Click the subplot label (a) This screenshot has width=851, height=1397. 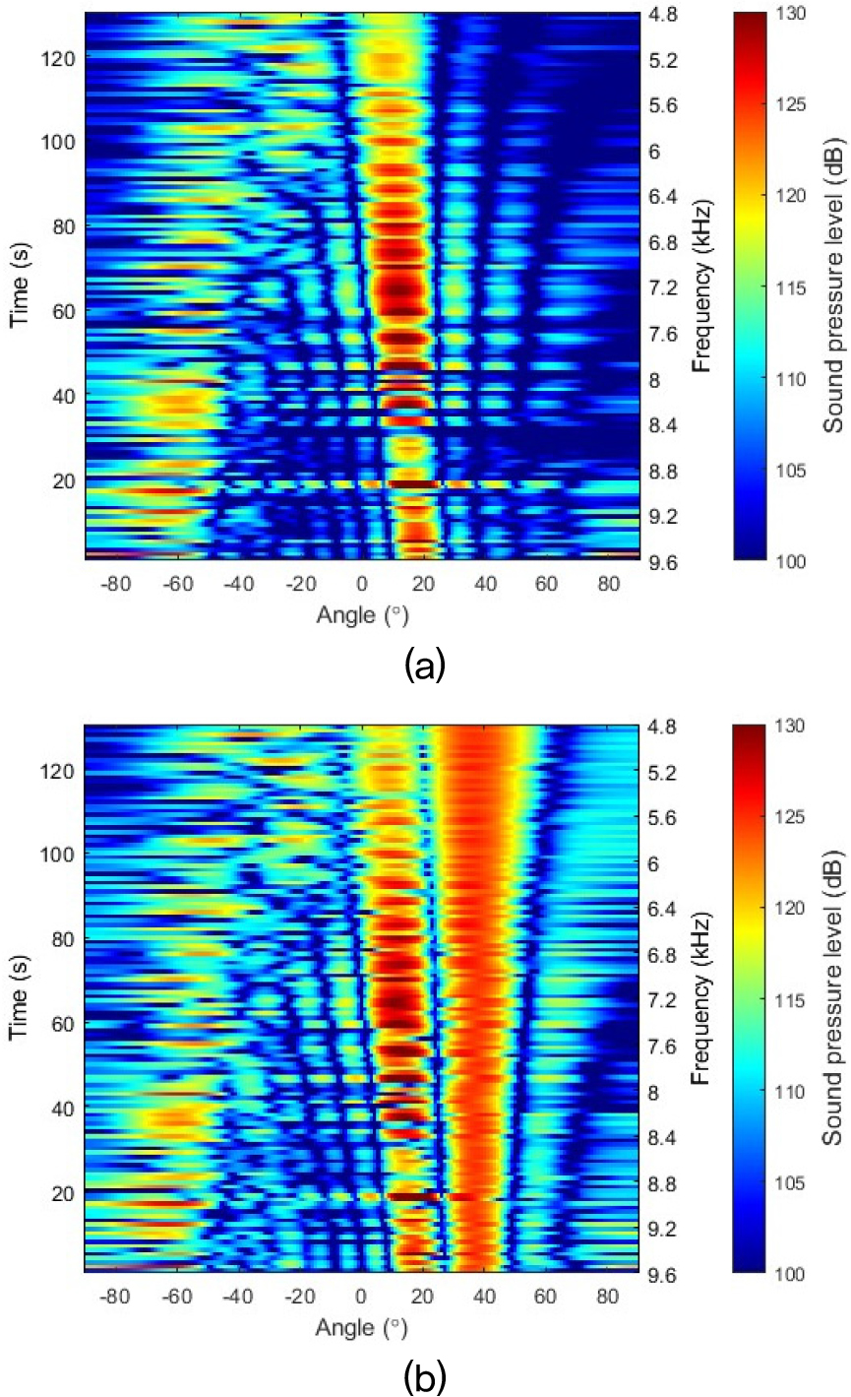coord(426,667)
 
